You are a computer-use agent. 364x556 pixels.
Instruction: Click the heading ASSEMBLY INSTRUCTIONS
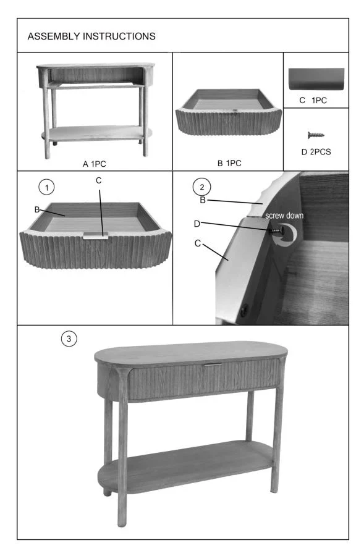tap(91, 36)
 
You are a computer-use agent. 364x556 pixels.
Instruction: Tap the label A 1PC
tap(95, 164)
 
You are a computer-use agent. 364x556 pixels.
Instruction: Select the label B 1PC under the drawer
tap(229, 163)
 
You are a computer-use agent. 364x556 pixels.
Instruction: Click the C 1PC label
tap(313, 100)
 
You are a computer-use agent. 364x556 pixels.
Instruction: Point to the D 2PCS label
tap(316, 152)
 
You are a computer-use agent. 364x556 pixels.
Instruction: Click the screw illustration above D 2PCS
tap(316, 135)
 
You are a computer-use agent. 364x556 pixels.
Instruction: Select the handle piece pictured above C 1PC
tap(316, 78)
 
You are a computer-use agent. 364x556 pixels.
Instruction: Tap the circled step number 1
tap(46, 187)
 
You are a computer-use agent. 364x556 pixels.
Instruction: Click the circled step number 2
tap(202, 187)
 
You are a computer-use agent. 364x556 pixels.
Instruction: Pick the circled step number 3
tap(69, 339)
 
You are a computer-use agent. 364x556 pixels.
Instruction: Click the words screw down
tap(284, 215)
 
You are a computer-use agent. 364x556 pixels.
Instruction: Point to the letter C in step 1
tap(99, 180)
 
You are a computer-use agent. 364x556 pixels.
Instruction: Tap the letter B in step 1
tap(37, 209)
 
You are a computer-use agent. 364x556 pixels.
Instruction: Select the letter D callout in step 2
tap(197, 224)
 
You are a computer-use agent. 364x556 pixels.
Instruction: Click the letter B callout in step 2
tap(203, 200)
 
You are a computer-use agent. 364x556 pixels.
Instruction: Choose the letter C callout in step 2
tap(198, 243)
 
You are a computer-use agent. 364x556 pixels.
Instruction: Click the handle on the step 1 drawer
tap(96, 236)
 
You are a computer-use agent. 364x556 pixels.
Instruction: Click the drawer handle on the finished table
tap(213, 364)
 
